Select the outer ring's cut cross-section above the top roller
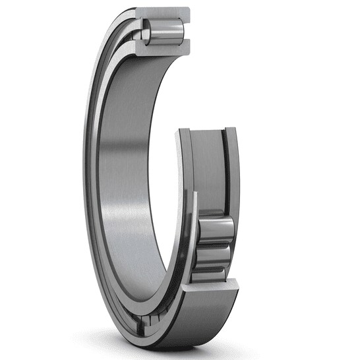[164, 13]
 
